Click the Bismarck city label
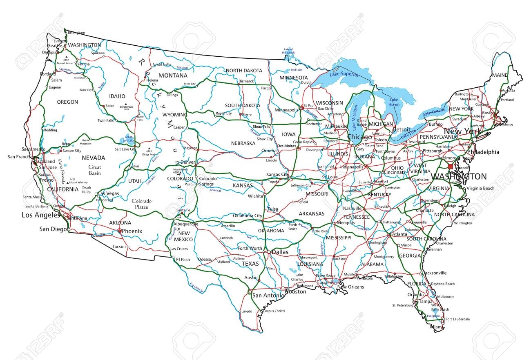[x=246, y=81]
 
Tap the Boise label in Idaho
[x=110, y=106]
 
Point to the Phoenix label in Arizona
[x=132, y=231]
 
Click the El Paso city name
[x=183, y=259]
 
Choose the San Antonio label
[x=267, y=295]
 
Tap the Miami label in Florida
[x=436, y=327]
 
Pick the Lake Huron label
[x=394, y=102]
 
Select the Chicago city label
[x=359, y=137]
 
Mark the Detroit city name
[x=401, y=130]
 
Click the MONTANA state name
[x=173, y=76]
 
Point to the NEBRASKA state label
[x=243, y=143]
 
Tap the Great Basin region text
[x=94, y=170]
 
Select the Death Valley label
[x=86, y=189]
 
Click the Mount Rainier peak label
[x=67, y=63]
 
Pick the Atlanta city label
[x=399, y=234]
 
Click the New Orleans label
[x=350, y=287]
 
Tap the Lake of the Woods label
[x=289, y=51]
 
